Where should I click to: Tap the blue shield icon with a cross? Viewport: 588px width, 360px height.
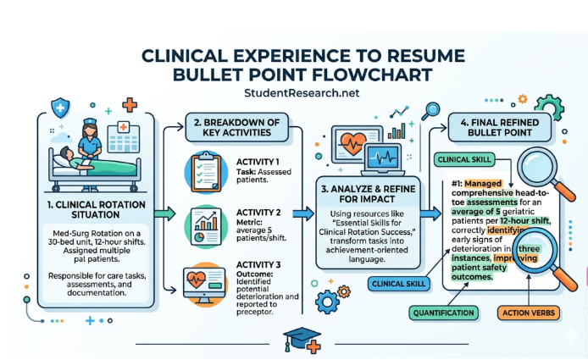tap(61, 108)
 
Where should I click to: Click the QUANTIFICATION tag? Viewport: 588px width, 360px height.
tap(444, 313)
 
